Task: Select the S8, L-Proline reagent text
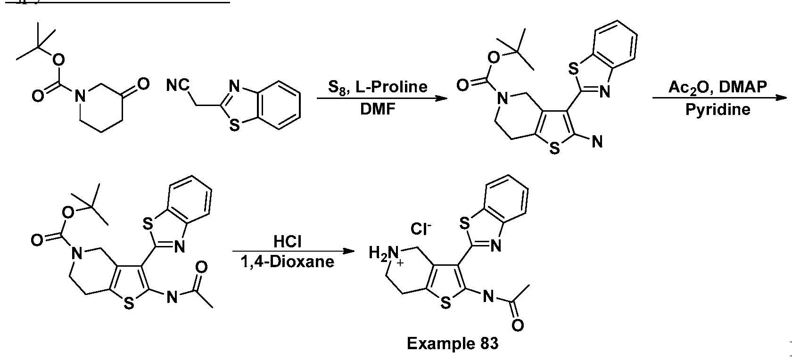coord(378,87)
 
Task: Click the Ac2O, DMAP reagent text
coord(718,87)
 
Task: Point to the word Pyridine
coord(718,109)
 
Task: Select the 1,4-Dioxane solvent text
coord(288,262)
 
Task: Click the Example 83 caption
coord(452,344)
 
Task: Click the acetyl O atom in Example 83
coord(517,325)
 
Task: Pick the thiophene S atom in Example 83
coord(445,304)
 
